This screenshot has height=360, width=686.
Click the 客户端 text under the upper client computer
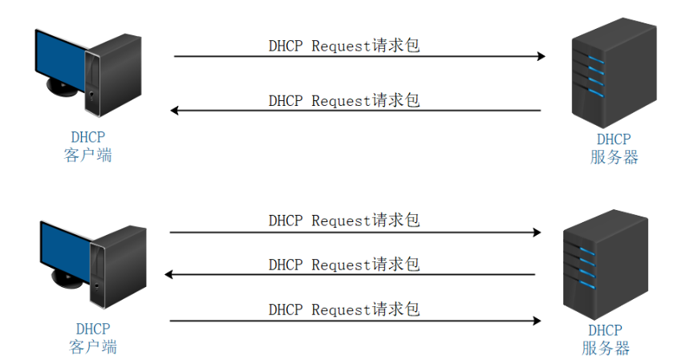pos(87,156)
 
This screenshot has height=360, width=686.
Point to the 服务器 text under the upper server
pos(614,157)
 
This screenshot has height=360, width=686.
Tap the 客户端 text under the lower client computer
pos(93,347)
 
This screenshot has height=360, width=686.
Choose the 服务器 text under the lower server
pos(605,348)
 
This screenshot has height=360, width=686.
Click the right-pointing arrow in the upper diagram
pos(359,57)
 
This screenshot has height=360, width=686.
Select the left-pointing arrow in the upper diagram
pos(356,111)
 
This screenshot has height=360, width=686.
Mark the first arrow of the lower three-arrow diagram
pos(355,233)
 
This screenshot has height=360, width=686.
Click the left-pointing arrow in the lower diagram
pos(351,275)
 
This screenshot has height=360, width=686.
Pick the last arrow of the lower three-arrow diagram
pos(355,321)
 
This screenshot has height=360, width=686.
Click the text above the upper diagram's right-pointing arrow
pos(343,46)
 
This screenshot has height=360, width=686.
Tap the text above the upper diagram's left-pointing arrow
pos(343,100)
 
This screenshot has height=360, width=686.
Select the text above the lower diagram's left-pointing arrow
pos(343,264)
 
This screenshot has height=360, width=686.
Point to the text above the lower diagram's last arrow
pos(343,309)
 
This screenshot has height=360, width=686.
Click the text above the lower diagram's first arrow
pos(343,220)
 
